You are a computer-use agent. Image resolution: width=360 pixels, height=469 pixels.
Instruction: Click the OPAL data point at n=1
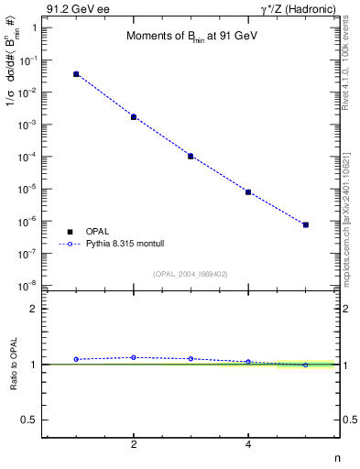pos(76,74)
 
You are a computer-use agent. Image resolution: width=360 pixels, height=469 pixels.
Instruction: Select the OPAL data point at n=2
pos(134,117)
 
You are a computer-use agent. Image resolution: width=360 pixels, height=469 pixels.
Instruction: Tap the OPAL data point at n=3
pos(191,156)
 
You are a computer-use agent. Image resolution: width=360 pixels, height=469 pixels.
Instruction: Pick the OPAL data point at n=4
pos(248,192)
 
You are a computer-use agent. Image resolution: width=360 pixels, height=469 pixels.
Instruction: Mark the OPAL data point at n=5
pos(306,224)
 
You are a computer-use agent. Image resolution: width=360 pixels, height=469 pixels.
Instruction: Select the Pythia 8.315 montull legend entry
pos(108,245)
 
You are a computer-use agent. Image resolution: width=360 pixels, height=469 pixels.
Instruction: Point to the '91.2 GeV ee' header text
pos(77,8)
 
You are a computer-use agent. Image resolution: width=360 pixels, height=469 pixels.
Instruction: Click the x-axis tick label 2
pos(134,444)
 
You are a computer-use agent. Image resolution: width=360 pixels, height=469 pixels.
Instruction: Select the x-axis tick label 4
pos(248,444)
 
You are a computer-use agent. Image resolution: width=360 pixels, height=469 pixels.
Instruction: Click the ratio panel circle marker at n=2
pos(134,357)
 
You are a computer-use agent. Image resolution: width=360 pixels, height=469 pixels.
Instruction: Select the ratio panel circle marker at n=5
pos(306,365)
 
